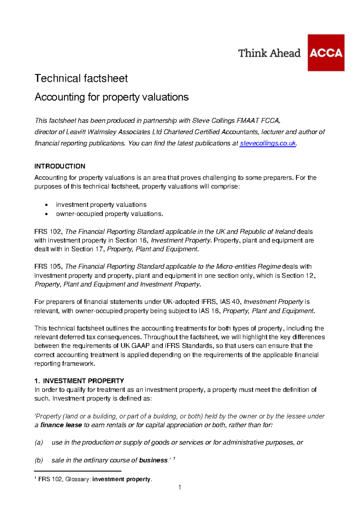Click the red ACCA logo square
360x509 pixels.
(326, 53)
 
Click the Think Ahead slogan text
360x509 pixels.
(269, 53)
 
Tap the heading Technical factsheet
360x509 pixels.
(81, 78)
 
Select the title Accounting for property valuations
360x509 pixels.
(111, 97)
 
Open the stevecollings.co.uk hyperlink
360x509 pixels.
(268, 143)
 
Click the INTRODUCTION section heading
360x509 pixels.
(60, 166)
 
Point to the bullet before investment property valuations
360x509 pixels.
(46, 205)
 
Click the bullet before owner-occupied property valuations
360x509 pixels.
(46, 214)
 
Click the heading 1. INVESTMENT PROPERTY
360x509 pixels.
(79, 381)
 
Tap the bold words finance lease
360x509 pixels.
(61, 425)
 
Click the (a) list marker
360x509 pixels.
(39, 442)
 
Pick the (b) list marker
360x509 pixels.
(39, 460)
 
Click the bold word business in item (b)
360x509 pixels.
(153, 460)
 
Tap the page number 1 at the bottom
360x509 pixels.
(180, 487)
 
